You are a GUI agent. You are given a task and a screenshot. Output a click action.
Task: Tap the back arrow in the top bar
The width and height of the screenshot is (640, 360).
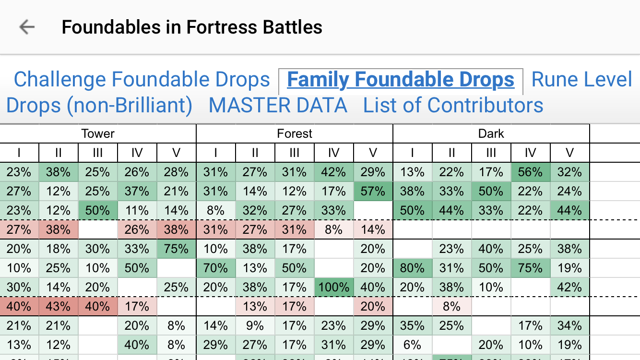(x=27, y=27)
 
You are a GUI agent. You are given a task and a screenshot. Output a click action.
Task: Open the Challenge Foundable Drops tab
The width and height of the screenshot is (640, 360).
(x=142, y=80)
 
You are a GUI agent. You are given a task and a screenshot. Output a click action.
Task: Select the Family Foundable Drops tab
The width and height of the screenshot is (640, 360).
(x=401, y=80)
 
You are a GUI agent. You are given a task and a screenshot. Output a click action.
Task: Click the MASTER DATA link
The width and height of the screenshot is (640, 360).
(x=278, y=105)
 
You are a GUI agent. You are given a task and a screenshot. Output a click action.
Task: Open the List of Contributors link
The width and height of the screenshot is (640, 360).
(x=453, y=105)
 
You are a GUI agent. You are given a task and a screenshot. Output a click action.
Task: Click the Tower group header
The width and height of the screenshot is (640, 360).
(x=98, y=133)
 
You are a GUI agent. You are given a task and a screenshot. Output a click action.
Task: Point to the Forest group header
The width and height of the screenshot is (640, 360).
(x=295, y=133)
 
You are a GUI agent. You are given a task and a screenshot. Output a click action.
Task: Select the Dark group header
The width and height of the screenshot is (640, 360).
(x=491, y=133)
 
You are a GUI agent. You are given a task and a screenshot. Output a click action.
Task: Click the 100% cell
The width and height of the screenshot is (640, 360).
(x=334, y=287)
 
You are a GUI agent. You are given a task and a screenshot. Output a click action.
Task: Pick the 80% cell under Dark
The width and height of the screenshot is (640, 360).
(x=413, y=268)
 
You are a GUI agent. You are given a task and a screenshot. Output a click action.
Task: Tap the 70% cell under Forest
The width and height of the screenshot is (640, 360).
(x=216, y=268)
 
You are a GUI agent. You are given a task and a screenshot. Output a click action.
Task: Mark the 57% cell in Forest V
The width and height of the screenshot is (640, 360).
(x=373, y=191)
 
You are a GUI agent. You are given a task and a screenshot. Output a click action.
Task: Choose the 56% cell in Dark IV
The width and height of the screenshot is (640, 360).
(x=531, y=172)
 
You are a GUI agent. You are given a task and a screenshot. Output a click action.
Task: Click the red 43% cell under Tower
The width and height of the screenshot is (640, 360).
(x=59, y=306)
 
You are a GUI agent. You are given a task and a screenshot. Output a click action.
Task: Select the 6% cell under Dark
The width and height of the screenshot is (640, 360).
(x=413, y=345)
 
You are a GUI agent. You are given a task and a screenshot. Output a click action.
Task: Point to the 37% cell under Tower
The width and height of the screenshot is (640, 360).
(x=137, y=191)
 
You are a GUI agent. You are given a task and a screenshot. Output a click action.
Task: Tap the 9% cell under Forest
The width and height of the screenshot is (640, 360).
(x=255, y=325)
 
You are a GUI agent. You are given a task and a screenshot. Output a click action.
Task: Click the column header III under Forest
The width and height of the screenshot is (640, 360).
(x=295, y=153)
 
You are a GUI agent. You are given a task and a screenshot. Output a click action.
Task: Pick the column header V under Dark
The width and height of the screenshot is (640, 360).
(x=570, y=153)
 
